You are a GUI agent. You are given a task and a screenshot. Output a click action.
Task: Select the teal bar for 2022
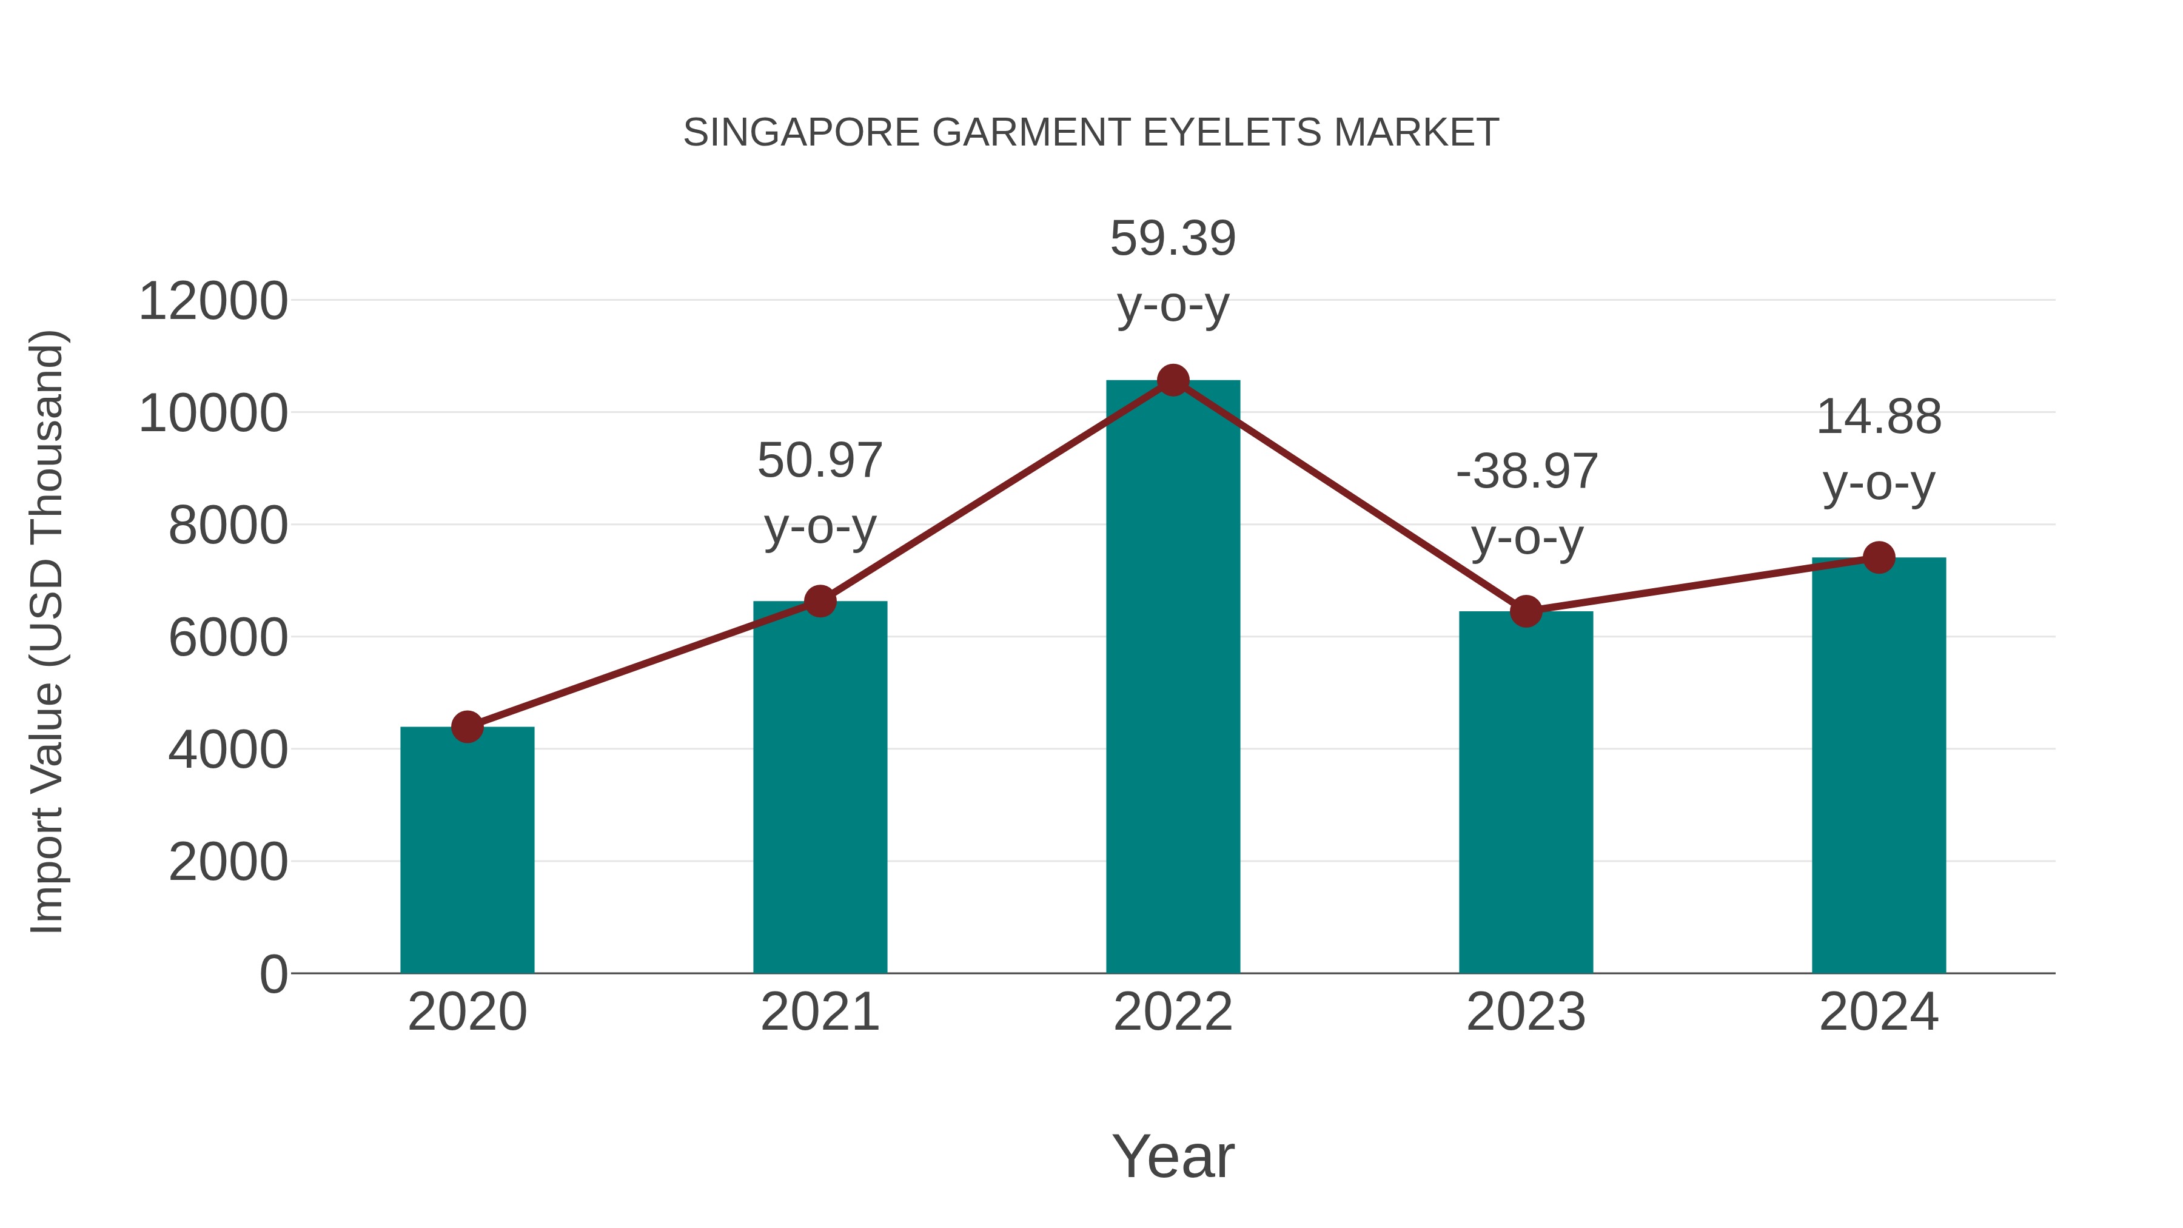pyautogui.click(x=1173, y=678)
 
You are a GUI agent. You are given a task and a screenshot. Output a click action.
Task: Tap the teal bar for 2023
pyautogui.click(x=1526, y=793)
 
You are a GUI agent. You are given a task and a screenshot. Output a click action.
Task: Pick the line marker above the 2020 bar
pyautogui.click(x=467, y=726)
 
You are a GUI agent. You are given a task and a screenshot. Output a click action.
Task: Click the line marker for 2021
pyautogui.click(x=819, y=601)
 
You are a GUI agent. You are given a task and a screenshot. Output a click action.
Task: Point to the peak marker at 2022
pyautogui.click(x=1173, y=380)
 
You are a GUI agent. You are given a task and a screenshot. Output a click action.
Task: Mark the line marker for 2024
pyautogui.click(x=1879, y=558)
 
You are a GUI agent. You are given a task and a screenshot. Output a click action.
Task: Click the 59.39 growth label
pyautogui.click(x=1173, y=238)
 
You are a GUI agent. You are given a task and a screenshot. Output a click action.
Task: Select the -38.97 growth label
pyautogui.click(x=1526, y=472)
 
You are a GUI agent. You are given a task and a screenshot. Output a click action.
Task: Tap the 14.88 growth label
pyautogui.click(x=1879, y=417)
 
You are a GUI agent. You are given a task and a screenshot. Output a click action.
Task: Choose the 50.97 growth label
pyautogui.click(x=819, y=461)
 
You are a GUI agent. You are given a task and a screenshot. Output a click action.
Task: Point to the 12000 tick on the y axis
pyautogui.click(x=213, y=302)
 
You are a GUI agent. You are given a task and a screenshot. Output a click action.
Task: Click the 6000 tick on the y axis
pyautogui.click(x=228, y=638)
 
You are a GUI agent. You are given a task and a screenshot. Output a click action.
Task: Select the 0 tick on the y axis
pyautogui.click(x=273, y=975)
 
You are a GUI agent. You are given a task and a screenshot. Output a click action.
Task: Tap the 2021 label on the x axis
pyautogui.click(x=819, y=1012)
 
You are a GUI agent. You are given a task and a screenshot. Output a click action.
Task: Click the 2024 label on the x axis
pyautogui.click(x=1879, y=1012)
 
